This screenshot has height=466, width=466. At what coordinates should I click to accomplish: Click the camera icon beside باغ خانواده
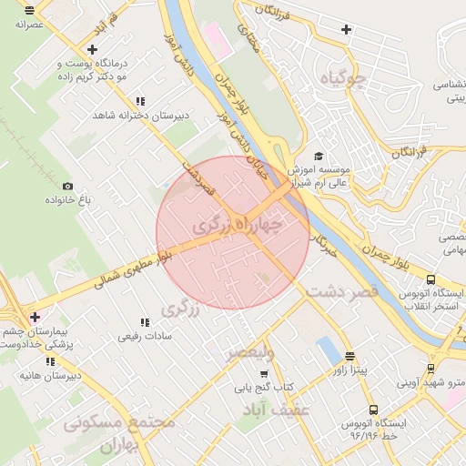(x=67, y=186)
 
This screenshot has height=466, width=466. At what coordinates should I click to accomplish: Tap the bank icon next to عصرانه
(x=30, y=11)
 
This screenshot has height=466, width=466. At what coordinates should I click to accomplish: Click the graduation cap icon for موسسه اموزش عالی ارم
(x=318, y=157)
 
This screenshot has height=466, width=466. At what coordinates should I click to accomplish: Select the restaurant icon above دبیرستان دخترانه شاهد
(x=140, y=102)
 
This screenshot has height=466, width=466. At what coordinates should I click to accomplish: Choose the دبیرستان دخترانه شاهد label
(x=136, y=116)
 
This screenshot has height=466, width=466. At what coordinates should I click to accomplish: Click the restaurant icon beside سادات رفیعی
(x=144, y=322)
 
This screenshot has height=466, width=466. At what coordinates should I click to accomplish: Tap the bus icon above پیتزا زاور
(x=349, y=356)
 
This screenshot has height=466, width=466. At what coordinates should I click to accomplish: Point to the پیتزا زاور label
(x=348, y=370)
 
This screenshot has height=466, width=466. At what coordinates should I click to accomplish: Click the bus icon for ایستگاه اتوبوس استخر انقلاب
(x=431, y=279)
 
